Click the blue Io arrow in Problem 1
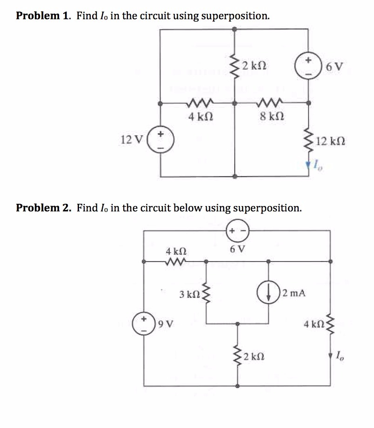click(308, 163)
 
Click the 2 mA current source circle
click(268, 293)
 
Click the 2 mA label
click(294, 293)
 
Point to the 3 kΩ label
click(189, 294)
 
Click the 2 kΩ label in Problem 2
click(255, 357)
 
